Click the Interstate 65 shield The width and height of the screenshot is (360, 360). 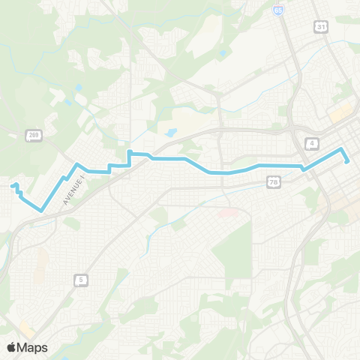tap(279, 11)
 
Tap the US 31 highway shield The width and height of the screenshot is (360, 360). tap(321, 26)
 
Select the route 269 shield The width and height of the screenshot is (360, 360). tap(34, 135)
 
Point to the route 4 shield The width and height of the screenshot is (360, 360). tap(312, 142)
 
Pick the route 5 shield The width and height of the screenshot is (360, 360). tap(80, 280)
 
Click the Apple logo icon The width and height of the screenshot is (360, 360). tap(12, 347)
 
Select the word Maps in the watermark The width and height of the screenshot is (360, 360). tap(33, 347)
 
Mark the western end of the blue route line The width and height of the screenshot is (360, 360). tap(13, 185)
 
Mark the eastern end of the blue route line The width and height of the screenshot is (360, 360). tap(346, 161)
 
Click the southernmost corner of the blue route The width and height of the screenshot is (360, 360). tap(41, 211)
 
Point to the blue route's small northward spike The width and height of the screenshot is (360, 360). tap(129, 153)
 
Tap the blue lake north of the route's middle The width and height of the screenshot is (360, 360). tap(171, 133)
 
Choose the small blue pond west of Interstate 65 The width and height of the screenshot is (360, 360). tap(223, 54)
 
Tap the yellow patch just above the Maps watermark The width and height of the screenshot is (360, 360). tap(26, 329)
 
